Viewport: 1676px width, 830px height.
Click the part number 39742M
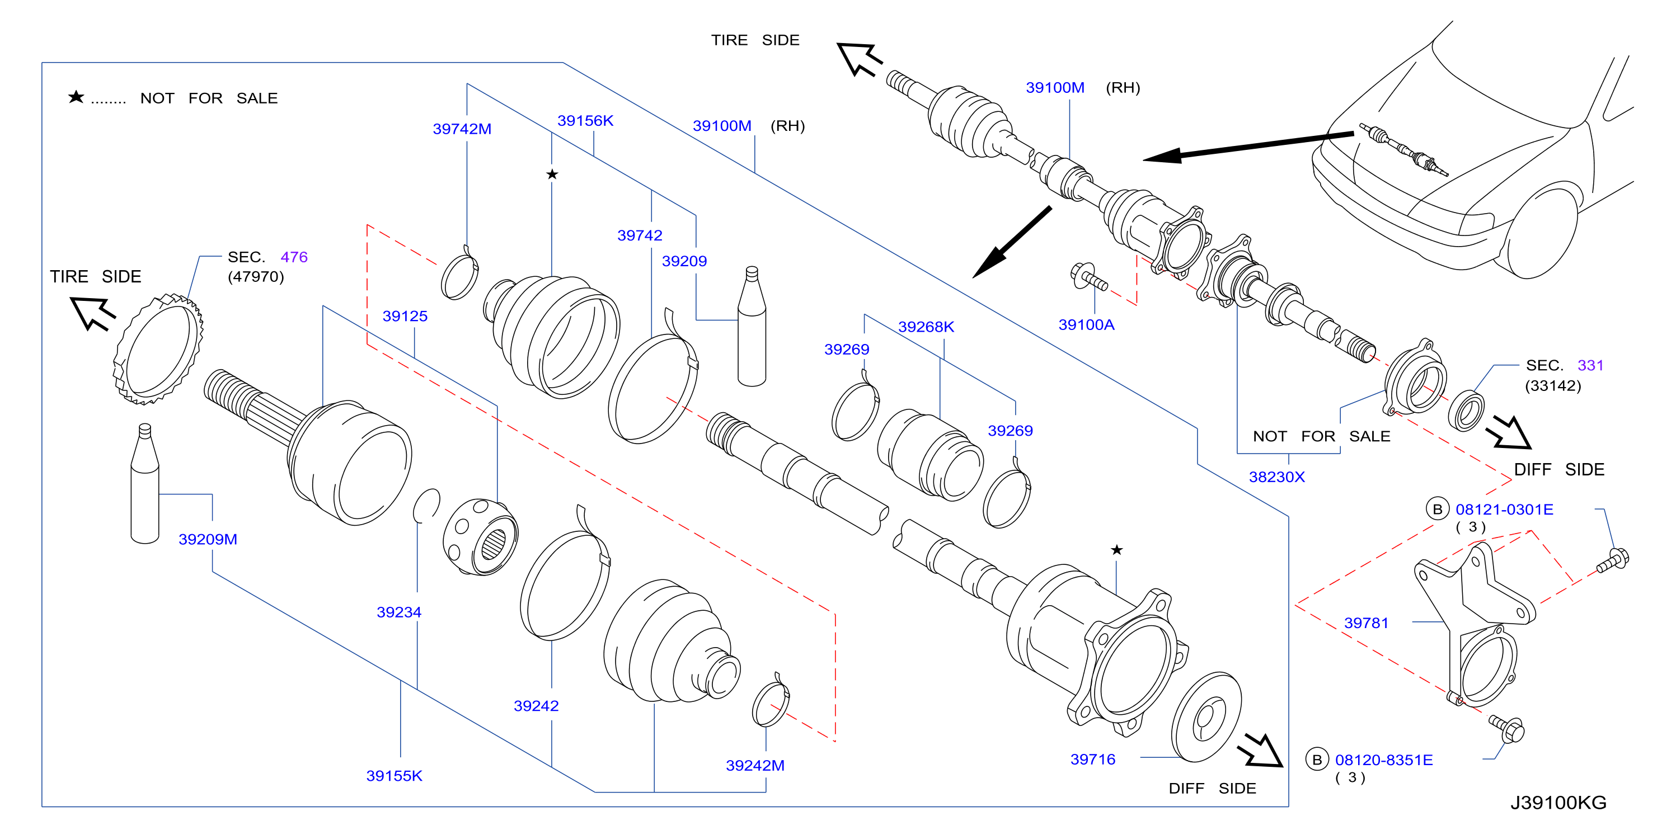coord(462,129)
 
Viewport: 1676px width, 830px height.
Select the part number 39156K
coord(585,120)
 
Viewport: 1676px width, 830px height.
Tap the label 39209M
coord(208,539)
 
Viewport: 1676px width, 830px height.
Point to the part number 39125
coord(405,316)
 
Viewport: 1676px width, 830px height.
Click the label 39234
coord(399,612)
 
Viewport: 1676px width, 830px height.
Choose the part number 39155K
coord(395,775)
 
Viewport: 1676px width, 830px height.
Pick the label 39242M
coord(755,766)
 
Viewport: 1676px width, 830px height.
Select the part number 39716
coord(1093,759)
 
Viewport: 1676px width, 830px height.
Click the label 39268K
coord(926,327)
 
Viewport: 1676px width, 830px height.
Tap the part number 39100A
coord(1087,324)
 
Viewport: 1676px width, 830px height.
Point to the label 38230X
coord(1276,477)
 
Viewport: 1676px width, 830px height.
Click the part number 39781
coord(1367,623)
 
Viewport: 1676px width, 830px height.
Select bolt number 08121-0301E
coord(1504,510)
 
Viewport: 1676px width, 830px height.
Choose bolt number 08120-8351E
coord(1384,760)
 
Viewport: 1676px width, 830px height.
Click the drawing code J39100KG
coord(1558,803)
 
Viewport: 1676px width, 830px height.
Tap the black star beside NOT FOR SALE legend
coord(76,97)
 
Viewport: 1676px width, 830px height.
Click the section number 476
coord(294,257)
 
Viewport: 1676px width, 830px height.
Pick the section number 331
coord(1591,366)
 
